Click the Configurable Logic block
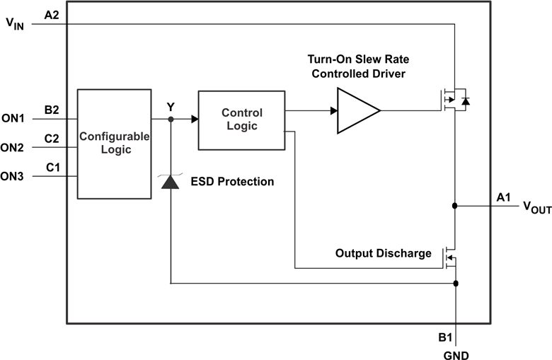click(x=113, y=144)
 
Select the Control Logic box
click(x=241, y=120)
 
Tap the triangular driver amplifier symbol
click(x=357, y=110)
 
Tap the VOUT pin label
click(x=536, y=207)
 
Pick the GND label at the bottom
click(x=456, y=353)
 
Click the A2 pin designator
click(x=52, y=14)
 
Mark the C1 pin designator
click(x=52, y=167)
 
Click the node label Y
click(x=171, y=107)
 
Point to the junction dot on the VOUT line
click(x=455, y=206)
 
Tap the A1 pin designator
click(x=504, y=197)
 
